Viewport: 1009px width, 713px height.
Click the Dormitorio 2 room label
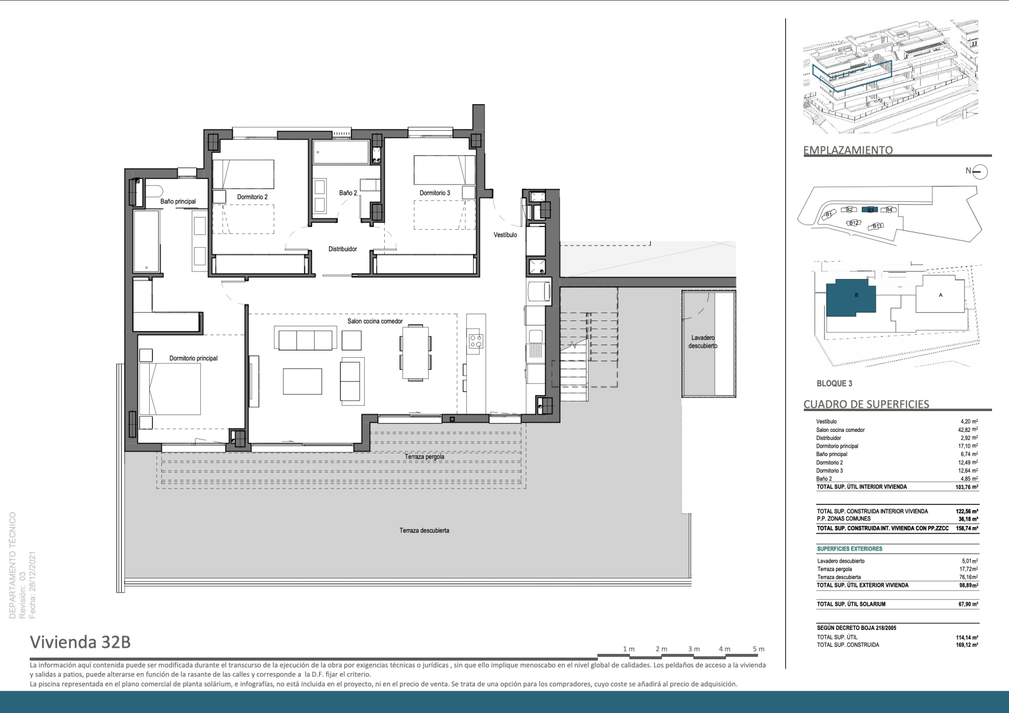point(252,197)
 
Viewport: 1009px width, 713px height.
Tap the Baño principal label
point(178,201)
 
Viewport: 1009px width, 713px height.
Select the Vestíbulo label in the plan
point(505,235)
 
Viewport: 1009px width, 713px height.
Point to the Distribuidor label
point(343,249)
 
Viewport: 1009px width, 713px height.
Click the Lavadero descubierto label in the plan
point(703,342)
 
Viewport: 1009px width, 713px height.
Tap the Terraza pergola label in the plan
point(425,457)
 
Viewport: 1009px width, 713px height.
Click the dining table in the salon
point(415,352)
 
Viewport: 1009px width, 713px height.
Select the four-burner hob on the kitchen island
point(476,341)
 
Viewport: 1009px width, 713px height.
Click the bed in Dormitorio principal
point(170,389)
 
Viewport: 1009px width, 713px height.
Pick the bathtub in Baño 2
point(341,152)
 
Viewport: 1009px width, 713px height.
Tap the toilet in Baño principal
point(153,190)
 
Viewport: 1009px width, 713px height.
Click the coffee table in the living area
point(302,381)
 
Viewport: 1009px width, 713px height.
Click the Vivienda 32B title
point(80,642)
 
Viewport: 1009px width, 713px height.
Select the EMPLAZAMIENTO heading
point(848,150)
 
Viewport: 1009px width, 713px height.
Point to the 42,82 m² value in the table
point(968,430)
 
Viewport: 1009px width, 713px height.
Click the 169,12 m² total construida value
point(967,645)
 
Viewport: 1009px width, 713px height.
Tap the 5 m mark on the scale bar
point(758,649)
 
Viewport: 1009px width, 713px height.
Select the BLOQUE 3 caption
point(835,384)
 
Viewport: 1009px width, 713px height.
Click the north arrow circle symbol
point(980,171)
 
